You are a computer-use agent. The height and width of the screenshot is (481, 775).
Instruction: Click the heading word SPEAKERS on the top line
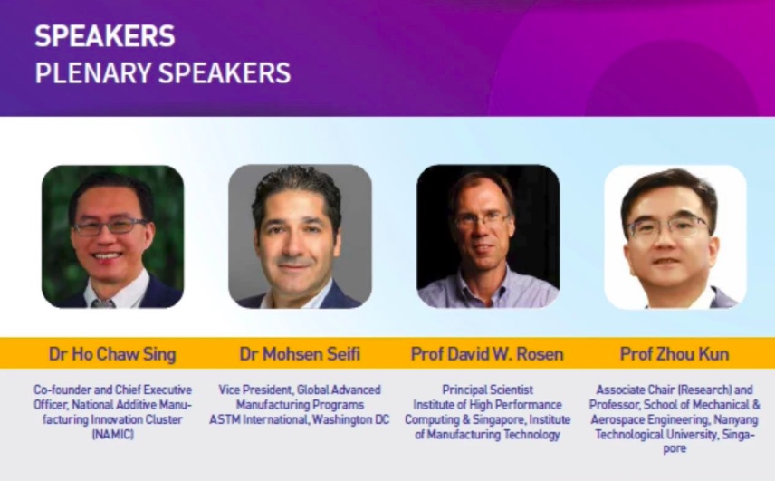[x=105, y=36]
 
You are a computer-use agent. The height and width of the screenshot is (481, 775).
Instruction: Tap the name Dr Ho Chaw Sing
[x=112, y=354]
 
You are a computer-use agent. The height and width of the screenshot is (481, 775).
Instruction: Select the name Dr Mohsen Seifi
[x=300, y=354]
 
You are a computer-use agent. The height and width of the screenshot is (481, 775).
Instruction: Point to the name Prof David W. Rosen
[x=487, y=354]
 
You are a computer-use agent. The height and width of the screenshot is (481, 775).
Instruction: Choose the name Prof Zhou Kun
[x=675, y=354]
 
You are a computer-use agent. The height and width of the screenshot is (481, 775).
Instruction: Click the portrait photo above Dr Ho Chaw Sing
[x=112, y=236]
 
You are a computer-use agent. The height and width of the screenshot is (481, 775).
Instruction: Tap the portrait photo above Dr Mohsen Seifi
[x=300, y=236]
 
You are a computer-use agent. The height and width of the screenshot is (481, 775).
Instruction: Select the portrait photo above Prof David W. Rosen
[x=488, y=236]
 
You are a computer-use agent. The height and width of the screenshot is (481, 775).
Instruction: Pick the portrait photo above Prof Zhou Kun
[x=675, y=236]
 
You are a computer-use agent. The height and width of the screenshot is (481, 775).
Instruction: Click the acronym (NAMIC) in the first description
[x=112, y=435]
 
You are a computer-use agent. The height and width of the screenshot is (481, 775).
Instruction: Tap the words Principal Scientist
[x=487, y=390]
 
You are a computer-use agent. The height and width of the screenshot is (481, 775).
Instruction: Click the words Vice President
[x=250, y=390]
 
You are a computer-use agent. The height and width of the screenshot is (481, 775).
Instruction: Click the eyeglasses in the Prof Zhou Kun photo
[x=667, y=227]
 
